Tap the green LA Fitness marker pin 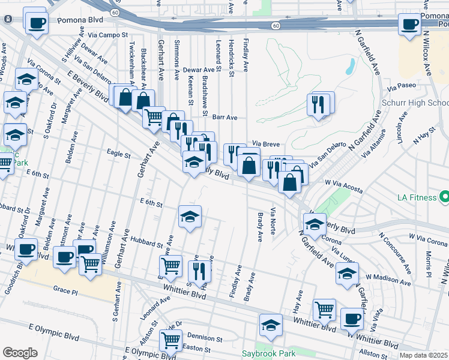click(x=444, y=197)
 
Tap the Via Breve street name click(x=266, y=143)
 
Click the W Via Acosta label click(x=344, y=185)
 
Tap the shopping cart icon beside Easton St click(x=170, y=340)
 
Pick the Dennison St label click(x=205, y=337)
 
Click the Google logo click(x=20, y=352)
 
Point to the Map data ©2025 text click(x=423, y=355)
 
